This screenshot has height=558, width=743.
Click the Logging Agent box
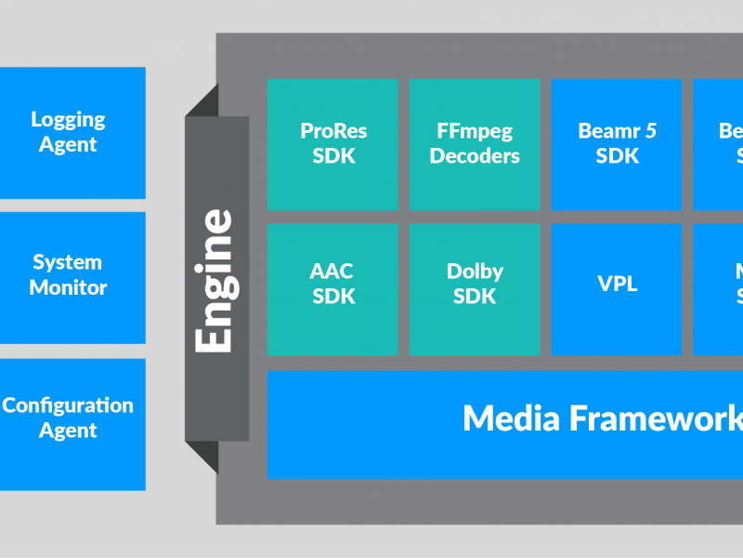(72, 132)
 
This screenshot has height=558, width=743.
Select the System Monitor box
(72, 276)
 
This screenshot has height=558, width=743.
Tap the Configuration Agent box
(72, 423)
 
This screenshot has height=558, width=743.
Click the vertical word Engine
(215, 280)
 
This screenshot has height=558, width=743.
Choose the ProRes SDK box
(332, 144)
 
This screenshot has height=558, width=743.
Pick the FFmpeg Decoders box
(475, 144)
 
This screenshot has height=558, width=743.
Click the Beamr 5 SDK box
(617, 144)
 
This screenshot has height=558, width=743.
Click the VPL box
(617, 285)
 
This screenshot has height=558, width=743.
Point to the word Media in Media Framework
(512, 418)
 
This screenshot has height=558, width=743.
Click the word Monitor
(68, 288)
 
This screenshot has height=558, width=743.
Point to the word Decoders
(475, 156)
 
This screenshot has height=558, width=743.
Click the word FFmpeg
(475, 131)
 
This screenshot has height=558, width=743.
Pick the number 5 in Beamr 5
(650, 131)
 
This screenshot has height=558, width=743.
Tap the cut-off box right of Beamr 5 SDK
(718, 144)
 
